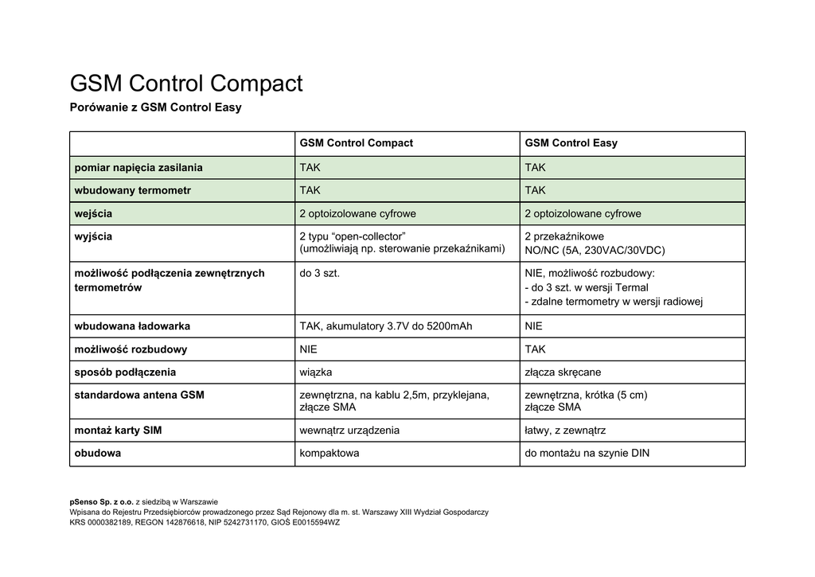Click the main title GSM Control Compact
pyautogui.click(x=186, y=84)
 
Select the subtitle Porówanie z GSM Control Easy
pyautogui.click(x=155, y=107)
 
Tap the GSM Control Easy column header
pyautogui.click(x=571, y=143)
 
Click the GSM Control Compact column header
pyautogui.click(x=356, y=143)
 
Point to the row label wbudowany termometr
pyautogui.click(x=132, y=191)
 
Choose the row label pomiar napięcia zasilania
pyautogui.click(x=138, y=168)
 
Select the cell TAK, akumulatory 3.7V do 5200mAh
pyautogui.click(x=385, y=326)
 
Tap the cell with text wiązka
pyautogui.click(x=315, y=372)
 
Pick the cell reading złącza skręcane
pyautogui.click(x=563, y=372)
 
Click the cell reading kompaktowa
pyautogui.click(x=329, y=454)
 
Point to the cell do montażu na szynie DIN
pyautogui.click(x=587, y=454)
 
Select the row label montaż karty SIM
pyautogui.click(x=117, y=431)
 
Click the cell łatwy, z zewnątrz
pyautogui.click(x=565, y=431)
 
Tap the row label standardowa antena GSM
pyautogui.click(x=138, y=396)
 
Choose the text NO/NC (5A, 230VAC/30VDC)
pyautogui.click(x=595, y=250)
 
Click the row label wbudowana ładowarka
pyautogui.click(x=131, y=326)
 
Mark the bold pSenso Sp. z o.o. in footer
pyautogui.click(x=102, y=502)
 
